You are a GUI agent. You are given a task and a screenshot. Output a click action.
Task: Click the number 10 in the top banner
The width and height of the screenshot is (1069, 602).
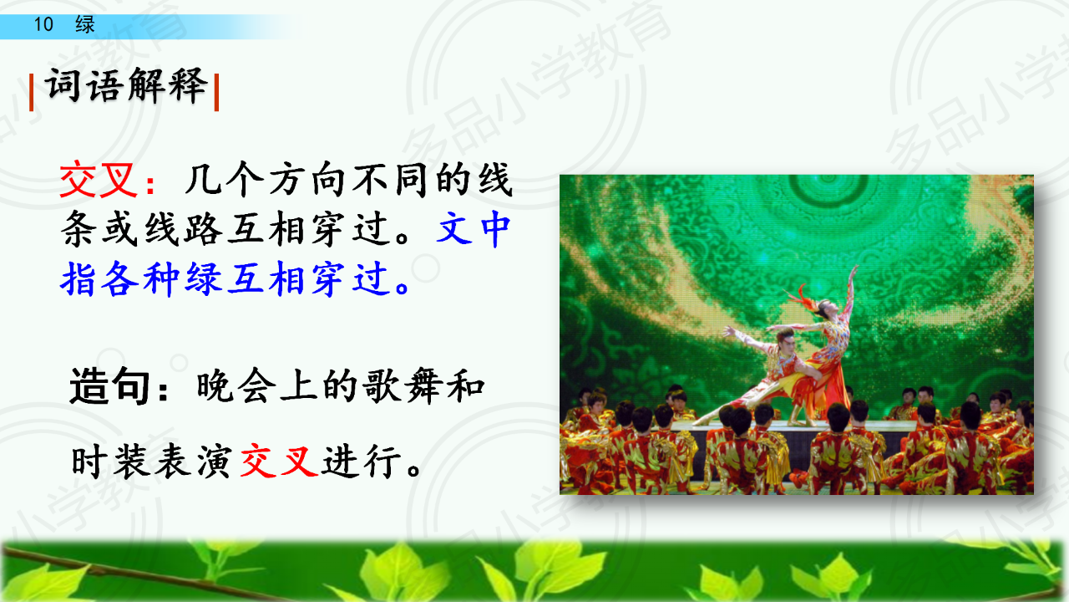43,24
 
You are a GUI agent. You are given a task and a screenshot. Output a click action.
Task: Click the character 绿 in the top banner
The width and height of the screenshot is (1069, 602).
85,24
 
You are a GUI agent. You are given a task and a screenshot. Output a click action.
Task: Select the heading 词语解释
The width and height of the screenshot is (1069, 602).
126,85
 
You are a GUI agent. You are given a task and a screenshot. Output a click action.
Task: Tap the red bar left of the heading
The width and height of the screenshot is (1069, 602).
32,92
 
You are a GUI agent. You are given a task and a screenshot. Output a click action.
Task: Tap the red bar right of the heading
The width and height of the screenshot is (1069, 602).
216,92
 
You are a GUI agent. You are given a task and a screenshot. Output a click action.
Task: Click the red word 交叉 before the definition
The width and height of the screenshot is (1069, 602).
99,180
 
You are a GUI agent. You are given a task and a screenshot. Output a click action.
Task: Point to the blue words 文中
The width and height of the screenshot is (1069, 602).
474,229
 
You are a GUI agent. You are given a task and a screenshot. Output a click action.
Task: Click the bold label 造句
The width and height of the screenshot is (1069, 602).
109,386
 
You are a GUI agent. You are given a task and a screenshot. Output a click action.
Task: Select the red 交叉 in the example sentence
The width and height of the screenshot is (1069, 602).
279,461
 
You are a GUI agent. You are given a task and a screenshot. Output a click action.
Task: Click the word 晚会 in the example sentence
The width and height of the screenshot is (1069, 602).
236,386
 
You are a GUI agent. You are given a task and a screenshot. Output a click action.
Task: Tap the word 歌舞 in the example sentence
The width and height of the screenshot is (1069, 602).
402,386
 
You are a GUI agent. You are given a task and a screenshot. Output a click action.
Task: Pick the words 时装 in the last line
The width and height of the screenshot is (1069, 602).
111,461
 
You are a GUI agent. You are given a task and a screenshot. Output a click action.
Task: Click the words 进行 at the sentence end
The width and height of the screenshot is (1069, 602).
362,461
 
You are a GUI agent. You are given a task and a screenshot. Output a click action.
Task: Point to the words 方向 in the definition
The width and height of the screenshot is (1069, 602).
307,180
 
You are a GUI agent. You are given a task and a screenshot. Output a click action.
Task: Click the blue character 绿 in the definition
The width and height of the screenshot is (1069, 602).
205,278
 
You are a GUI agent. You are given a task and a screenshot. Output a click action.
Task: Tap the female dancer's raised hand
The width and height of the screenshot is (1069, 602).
853,271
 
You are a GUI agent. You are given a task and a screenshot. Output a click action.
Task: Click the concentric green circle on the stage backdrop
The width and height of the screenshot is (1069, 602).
829,186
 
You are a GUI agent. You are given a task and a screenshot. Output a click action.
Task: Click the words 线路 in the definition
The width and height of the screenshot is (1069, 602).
185,229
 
